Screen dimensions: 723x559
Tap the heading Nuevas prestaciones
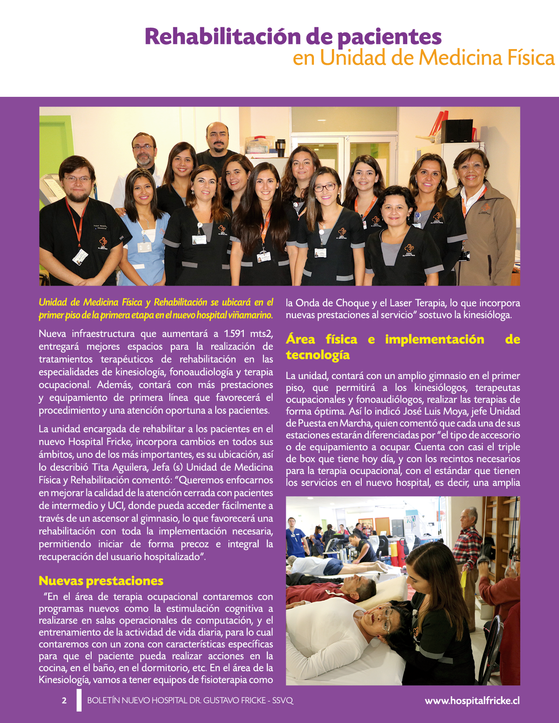point(101,581)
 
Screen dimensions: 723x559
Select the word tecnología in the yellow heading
point(317,354)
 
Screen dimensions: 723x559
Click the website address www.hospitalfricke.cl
point(472,700)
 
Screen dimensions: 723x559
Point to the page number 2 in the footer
point(64,700)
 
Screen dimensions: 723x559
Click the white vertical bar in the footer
point(79,700)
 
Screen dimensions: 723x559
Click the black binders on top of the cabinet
point(457,131)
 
